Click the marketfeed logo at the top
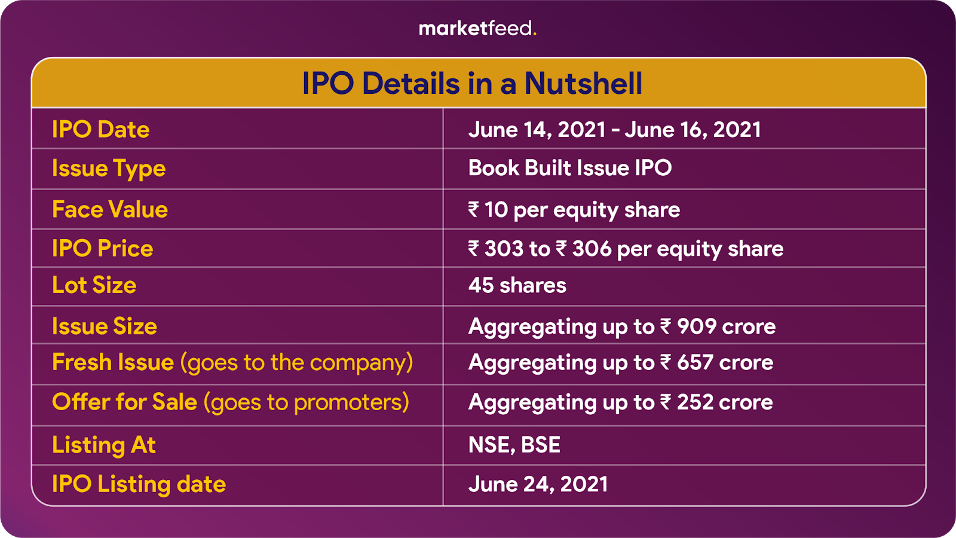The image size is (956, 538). (477, 29)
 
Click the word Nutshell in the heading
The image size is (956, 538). (583, 83)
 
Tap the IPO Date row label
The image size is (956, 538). (101, 129)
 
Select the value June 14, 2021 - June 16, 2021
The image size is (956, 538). (615, 129)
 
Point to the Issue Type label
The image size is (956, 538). (109, 169)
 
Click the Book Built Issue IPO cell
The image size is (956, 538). (570, 167)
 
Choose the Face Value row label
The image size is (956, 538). (110, 209)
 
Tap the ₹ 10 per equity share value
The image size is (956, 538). (574, 210)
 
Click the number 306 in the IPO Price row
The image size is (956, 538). (592, 249)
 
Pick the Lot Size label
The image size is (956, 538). (94, 285)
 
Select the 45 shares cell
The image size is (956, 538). (517, 285)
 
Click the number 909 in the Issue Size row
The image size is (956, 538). (697, 326)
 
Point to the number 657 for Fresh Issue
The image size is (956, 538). (695, 362)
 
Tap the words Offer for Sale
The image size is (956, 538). (125, 402)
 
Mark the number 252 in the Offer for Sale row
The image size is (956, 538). (695, 402)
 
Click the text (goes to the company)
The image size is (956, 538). (296, 363)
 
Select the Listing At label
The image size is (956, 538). (104, 445)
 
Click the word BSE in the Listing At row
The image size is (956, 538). (540, 445)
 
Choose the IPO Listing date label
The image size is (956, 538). (139, 484)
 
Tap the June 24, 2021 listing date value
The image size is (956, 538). (538, 484)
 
